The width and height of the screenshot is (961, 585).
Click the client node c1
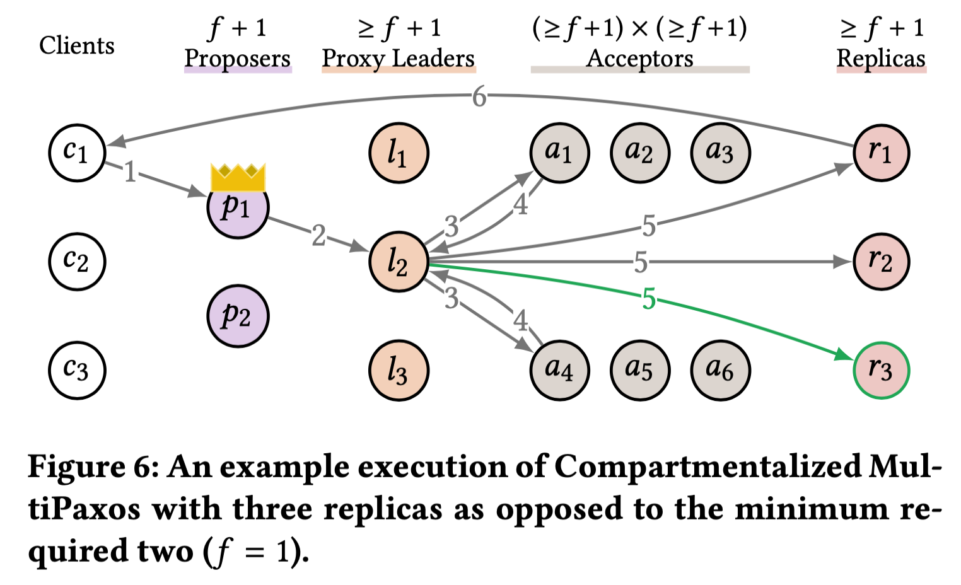[x=77, y=153]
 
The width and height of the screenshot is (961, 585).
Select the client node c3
[x=77, y=370]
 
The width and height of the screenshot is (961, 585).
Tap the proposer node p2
[x=238, y=316]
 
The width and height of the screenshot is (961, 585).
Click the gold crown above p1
[x=238, y=177]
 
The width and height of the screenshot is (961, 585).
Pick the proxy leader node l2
[x=399, y=262]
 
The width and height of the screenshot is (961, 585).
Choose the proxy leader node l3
[x=399, y=370]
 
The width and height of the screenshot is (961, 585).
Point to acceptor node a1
[x=559, y=153]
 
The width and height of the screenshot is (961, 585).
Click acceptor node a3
[x=720, y=153]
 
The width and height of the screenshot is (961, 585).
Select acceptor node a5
[x=640, y=370]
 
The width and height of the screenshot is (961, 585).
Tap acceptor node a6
[x=720, y=370]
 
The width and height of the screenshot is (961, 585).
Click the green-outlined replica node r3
[x=881, y=370]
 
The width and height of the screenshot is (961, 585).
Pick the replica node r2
[x=881, y=262]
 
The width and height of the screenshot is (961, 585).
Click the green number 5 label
[x=649, y=299]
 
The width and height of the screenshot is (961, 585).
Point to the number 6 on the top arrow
[x=479, y=97]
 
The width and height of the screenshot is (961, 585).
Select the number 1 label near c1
[x=130, y=171]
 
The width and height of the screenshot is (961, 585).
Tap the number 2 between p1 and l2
[x=319, y=236]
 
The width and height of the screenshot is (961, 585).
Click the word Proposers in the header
[x=237, y=59]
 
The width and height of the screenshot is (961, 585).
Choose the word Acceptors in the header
[x=639, y=59]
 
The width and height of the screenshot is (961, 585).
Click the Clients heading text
[x=77, y=45]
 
